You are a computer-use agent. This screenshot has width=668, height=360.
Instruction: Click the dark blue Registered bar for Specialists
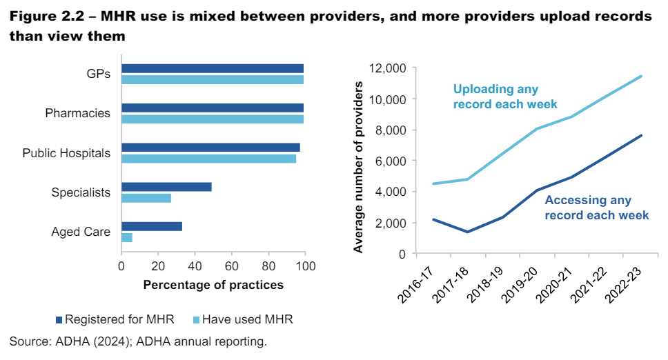166,187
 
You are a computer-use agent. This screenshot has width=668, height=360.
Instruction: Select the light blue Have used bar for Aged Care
127,237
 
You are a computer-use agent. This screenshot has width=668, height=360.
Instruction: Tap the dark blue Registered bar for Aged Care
152,226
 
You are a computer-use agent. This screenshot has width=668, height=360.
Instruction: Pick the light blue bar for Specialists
146,199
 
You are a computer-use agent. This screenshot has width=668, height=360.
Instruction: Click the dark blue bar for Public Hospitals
210,148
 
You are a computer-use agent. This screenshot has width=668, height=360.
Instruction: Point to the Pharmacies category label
77,113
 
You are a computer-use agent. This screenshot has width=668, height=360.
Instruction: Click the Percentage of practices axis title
213,285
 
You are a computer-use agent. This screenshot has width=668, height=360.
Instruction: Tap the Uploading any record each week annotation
504,97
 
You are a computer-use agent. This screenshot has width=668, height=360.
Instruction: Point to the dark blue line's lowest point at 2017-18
467,232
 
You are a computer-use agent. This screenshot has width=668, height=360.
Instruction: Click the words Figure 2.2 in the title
46,17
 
